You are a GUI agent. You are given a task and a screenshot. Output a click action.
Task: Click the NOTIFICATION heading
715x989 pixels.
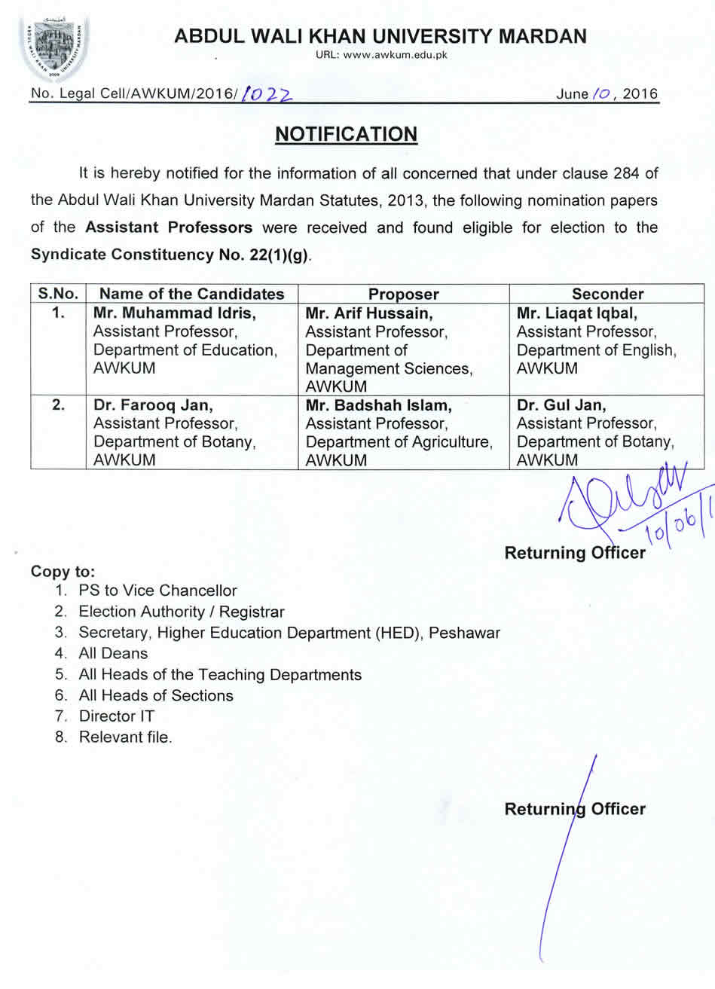click(346, 134)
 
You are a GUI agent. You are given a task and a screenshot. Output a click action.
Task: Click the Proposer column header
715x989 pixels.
click(403, 294)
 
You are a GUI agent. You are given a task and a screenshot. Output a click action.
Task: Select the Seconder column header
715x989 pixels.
click(607, 294)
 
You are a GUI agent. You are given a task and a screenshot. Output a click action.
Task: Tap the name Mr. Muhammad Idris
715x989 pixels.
click(174, 313)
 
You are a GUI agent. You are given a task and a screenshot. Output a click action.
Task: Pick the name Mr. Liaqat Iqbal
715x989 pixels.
click(576, 313)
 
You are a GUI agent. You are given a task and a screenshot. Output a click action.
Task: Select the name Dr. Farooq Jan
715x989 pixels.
click(154, 405)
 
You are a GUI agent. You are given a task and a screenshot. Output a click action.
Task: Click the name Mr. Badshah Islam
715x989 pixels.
click(379, 405)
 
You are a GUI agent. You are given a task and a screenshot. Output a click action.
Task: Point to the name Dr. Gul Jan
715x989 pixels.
click(561, 405)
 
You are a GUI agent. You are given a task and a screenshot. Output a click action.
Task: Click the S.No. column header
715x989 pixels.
click(59, 294)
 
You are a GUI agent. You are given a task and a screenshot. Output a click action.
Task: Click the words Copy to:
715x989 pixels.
click(63, 571)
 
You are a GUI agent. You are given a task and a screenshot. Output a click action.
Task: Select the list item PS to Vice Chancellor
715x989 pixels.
click(157, 591)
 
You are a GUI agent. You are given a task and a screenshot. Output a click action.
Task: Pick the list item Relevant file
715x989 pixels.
click(125, 737)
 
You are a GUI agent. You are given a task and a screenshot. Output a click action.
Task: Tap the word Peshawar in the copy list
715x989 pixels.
click(464, 633)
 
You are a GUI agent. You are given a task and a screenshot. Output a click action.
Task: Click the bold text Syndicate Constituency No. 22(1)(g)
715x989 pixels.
click(170, 255)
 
